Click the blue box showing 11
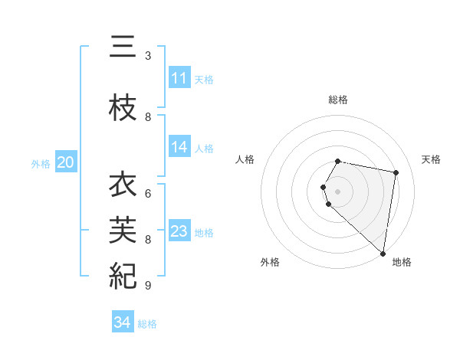179,77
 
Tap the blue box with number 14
179,147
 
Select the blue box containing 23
179,231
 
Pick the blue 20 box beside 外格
66,162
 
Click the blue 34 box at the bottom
123,322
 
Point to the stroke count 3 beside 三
148,56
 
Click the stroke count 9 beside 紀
148,286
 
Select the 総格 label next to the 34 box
147,324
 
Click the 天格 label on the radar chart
431,159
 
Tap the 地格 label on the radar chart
402,262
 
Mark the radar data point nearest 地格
383,252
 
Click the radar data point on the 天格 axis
396,172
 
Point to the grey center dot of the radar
338,191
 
